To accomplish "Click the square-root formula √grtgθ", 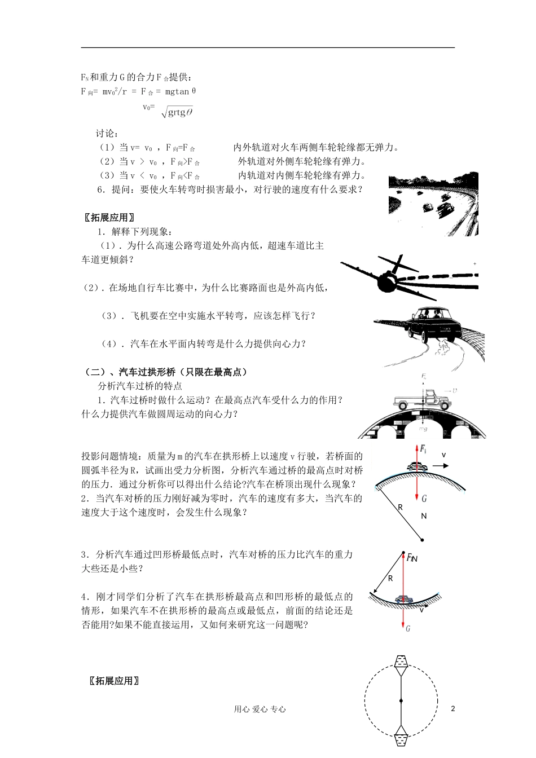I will (x=177, y=112).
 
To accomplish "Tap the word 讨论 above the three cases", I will (x=107, y=134).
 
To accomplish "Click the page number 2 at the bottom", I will (x=452, y=708).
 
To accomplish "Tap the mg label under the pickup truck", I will (x=423, y=429).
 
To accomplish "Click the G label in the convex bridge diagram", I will (x=424, y=498).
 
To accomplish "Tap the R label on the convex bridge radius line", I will (x=400, y=507).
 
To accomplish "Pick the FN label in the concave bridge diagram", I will (x=412, y=558).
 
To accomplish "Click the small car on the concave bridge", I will (x=402, y=599).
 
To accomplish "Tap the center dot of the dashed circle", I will (x=401, y=702).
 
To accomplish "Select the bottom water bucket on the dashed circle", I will (x=401, y=737).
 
